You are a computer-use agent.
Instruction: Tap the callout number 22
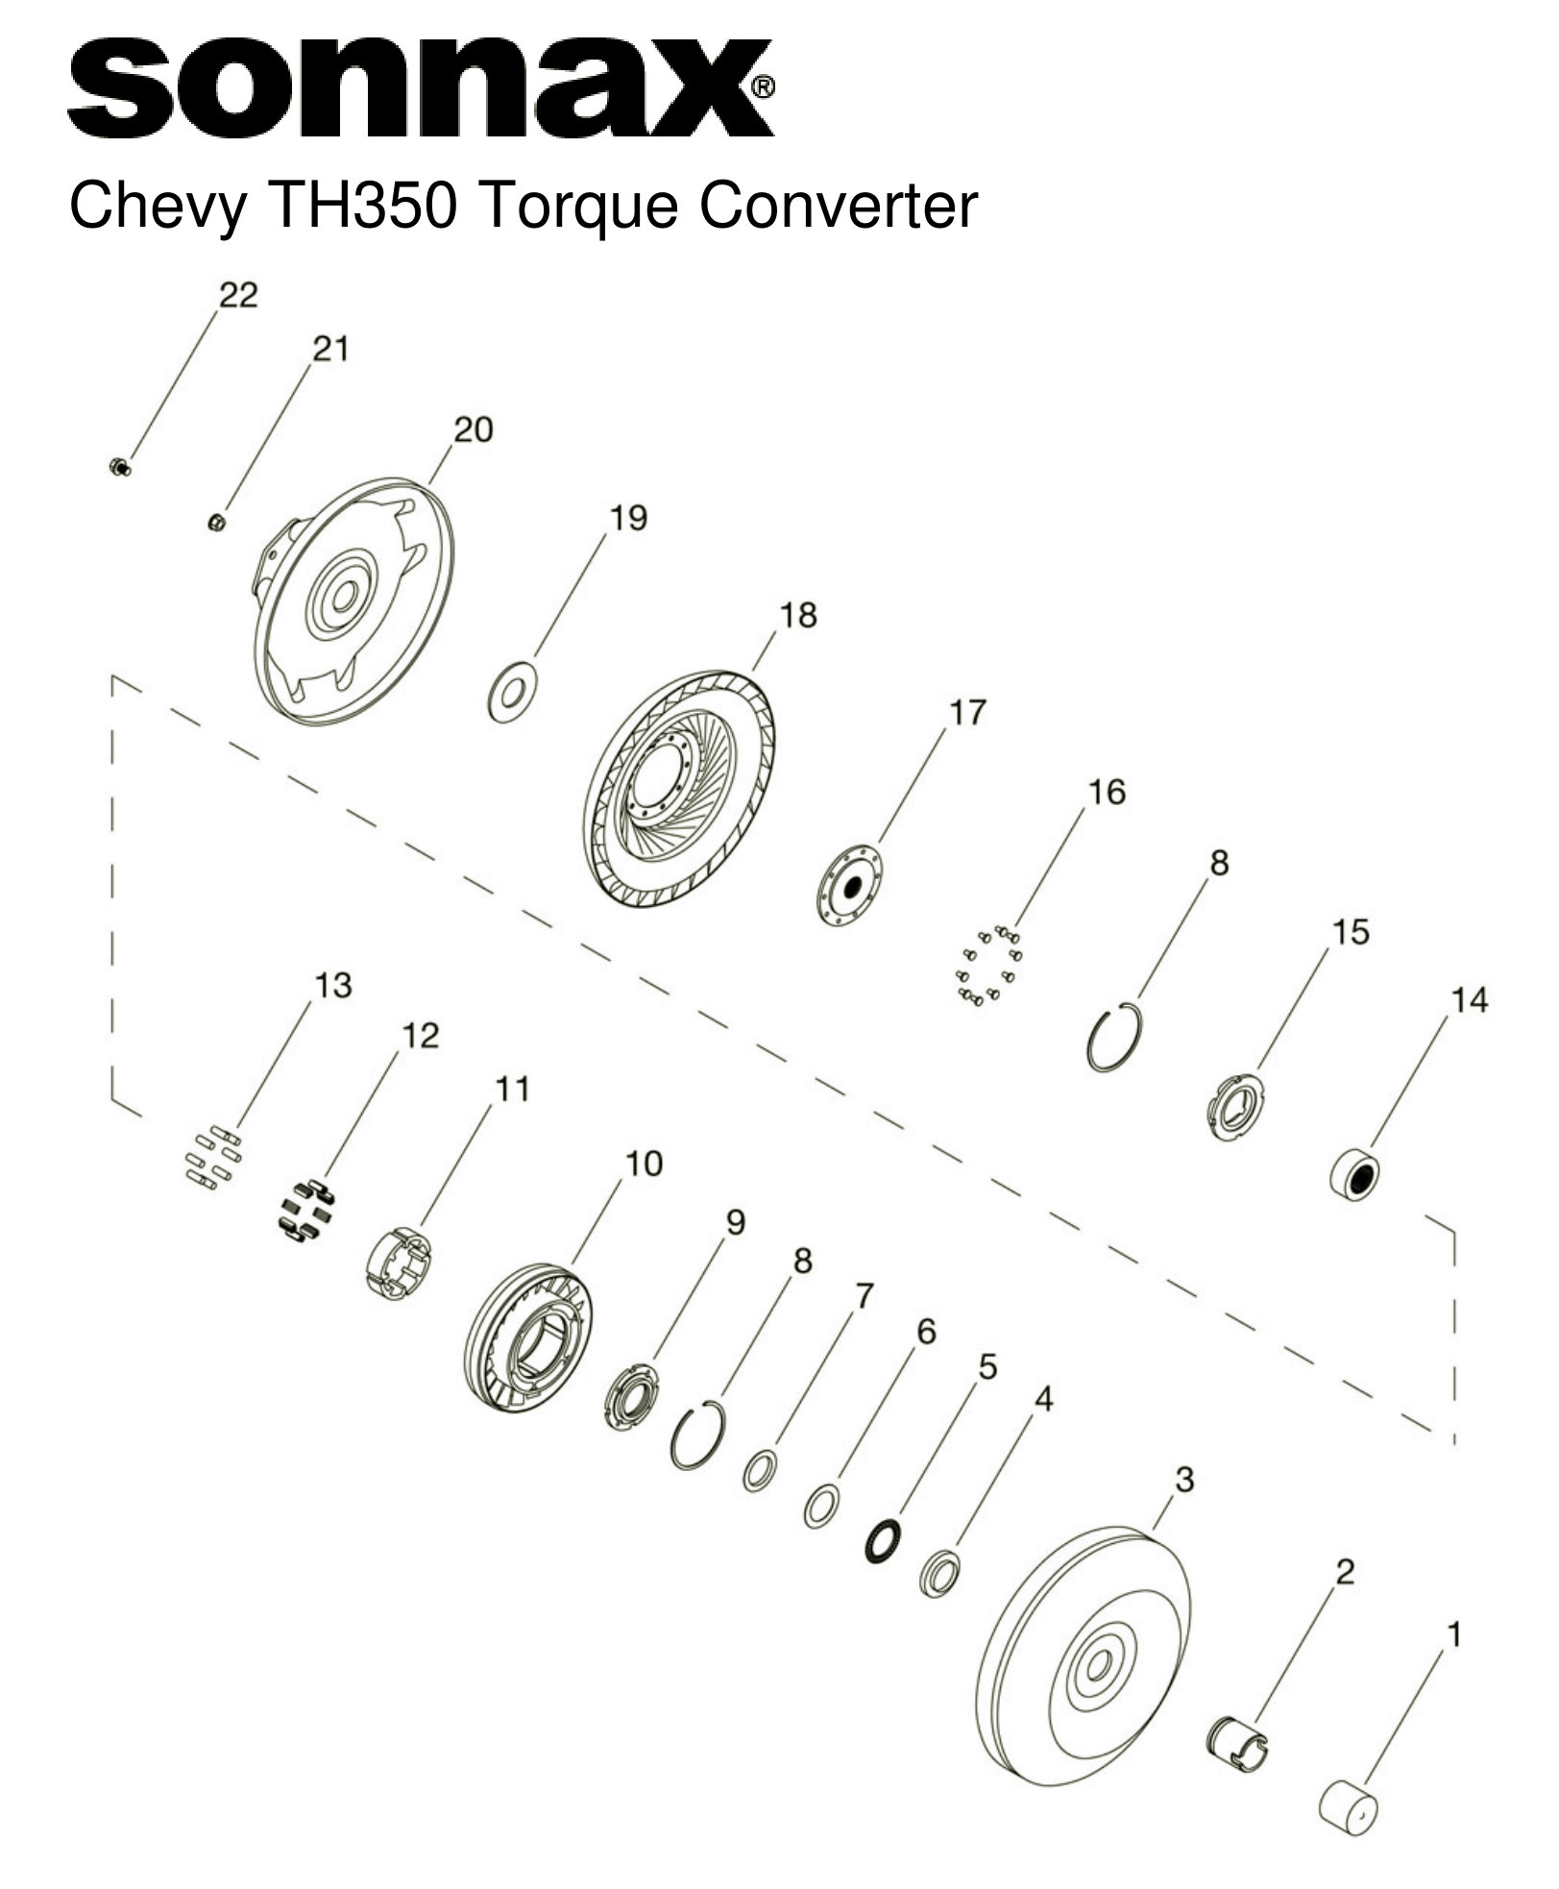[238, 295]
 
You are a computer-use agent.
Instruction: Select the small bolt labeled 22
[120, 468]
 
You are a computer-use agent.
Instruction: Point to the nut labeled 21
[217, 522]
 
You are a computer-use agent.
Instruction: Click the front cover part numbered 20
[355, 601]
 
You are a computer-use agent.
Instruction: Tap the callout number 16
[1106, 793]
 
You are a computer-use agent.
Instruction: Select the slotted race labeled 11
[402, 1267]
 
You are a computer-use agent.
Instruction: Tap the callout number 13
[333, 986]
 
